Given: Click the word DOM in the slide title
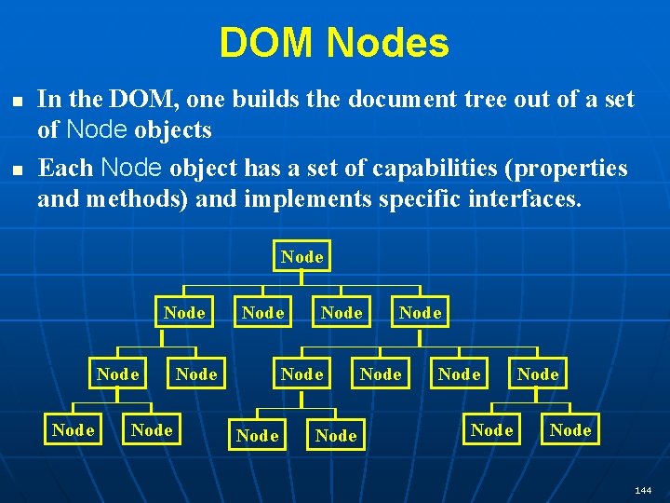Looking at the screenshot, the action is pos(268,43).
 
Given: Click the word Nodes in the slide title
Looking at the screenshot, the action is pos(388,43).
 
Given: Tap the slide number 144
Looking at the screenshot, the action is pos(643,489).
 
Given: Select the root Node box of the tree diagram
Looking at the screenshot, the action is pos(302,256).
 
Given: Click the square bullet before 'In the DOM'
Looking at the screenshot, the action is pos(13,98).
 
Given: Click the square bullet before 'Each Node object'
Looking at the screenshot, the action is pos(13,170).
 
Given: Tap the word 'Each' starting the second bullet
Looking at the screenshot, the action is pos(65,169).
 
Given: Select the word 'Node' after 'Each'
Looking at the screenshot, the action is pos(131,169).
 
